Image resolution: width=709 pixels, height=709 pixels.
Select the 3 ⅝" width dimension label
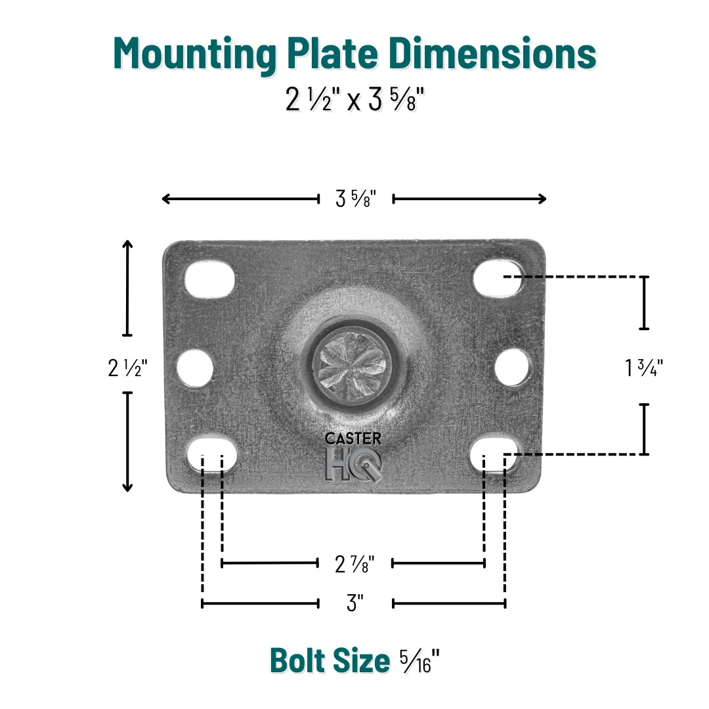355,199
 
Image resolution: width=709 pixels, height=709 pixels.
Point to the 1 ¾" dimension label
644,368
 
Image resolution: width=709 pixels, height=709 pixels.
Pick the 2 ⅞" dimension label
355,563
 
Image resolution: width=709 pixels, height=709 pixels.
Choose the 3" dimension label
355,603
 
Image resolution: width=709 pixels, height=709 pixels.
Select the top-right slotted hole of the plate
498,277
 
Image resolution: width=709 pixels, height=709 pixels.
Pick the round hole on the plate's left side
196,368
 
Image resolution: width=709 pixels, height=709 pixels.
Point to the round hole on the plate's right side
512,368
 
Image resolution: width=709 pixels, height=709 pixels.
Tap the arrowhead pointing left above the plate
165,199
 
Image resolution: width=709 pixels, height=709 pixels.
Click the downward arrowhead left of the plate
127,486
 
